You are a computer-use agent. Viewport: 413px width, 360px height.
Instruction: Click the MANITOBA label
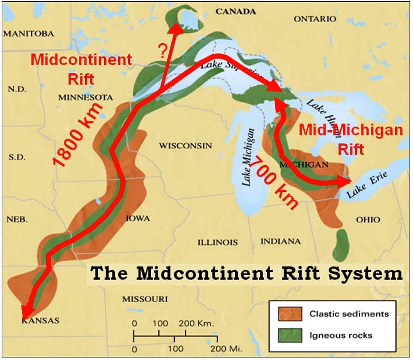[29, 33]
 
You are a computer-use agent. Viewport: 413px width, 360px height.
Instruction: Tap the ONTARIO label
[315, 19]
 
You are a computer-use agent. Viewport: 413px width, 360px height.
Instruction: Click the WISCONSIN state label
[185, 146]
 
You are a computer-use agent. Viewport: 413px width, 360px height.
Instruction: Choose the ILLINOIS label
[218, 242]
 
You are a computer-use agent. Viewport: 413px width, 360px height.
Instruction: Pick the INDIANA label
[280, 241]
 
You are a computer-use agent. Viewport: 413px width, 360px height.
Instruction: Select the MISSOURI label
[145, 299]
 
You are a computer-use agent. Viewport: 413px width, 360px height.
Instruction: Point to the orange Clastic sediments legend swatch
[290, 313]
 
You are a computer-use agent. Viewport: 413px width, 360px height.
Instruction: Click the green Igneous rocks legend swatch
[290, 335]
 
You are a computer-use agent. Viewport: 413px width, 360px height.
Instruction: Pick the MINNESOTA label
[85, 97]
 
